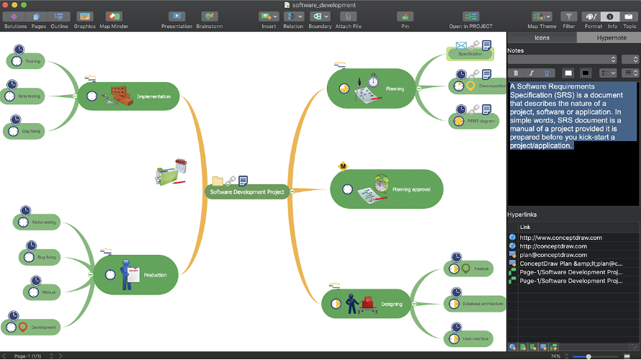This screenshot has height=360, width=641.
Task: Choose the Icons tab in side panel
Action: click(542, 37)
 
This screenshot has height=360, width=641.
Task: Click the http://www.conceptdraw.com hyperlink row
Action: click(561, 238)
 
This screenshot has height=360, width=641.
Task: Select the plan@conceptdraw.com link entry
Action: click(553, 255)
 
